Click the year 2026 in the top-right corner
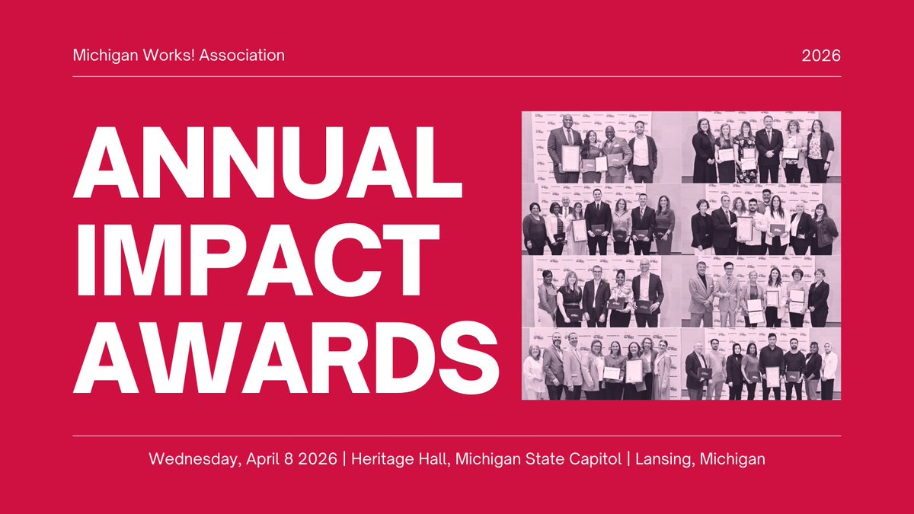(x=822, y=56)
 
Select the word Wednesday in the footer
(x=189, y=459)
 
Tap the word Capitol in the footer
(x=593, y=459)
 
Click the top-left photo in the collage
(x=601, y=147)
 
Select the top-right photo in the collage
(x=762, y=147)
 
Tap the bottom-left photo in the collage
(x=601, y=364)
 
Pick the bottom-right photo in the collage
(x=762, y=364)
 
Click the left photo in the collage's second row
(x=601, y=219)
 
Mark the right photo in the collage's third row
(x=762, y=292)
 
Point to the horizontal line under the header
(x=457, y=76)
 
